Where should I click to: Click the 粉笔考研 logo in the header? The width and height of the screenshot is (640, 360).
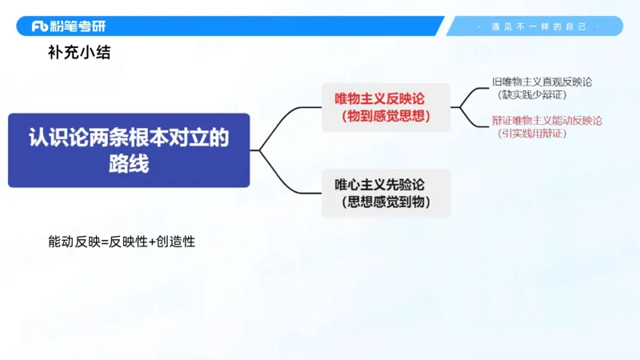68,26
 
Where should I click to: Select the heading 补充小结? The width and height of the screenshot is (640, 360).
79,55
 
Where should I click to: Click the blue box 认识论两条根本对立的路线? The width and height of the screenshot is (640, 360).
129,150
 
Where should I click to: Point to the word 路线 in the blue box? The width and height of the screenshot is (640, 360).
129,164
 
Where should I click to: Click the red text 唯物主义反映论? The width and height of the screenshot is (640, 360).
380,98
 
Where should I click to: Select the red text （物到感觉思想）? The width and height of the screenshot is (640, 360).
386,117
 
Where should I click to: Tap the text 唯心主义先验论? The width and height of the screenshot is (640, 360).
380,185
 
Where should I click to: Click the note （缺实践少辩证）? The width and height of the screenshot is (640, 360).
531,94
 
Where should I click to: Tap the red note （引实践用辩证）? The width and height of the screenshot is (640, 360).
531,133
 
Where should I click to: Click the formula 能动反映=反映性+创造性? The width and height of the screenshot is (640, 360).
122,241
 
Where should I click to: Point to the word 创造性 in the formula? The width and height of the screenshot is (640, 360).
176,241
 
